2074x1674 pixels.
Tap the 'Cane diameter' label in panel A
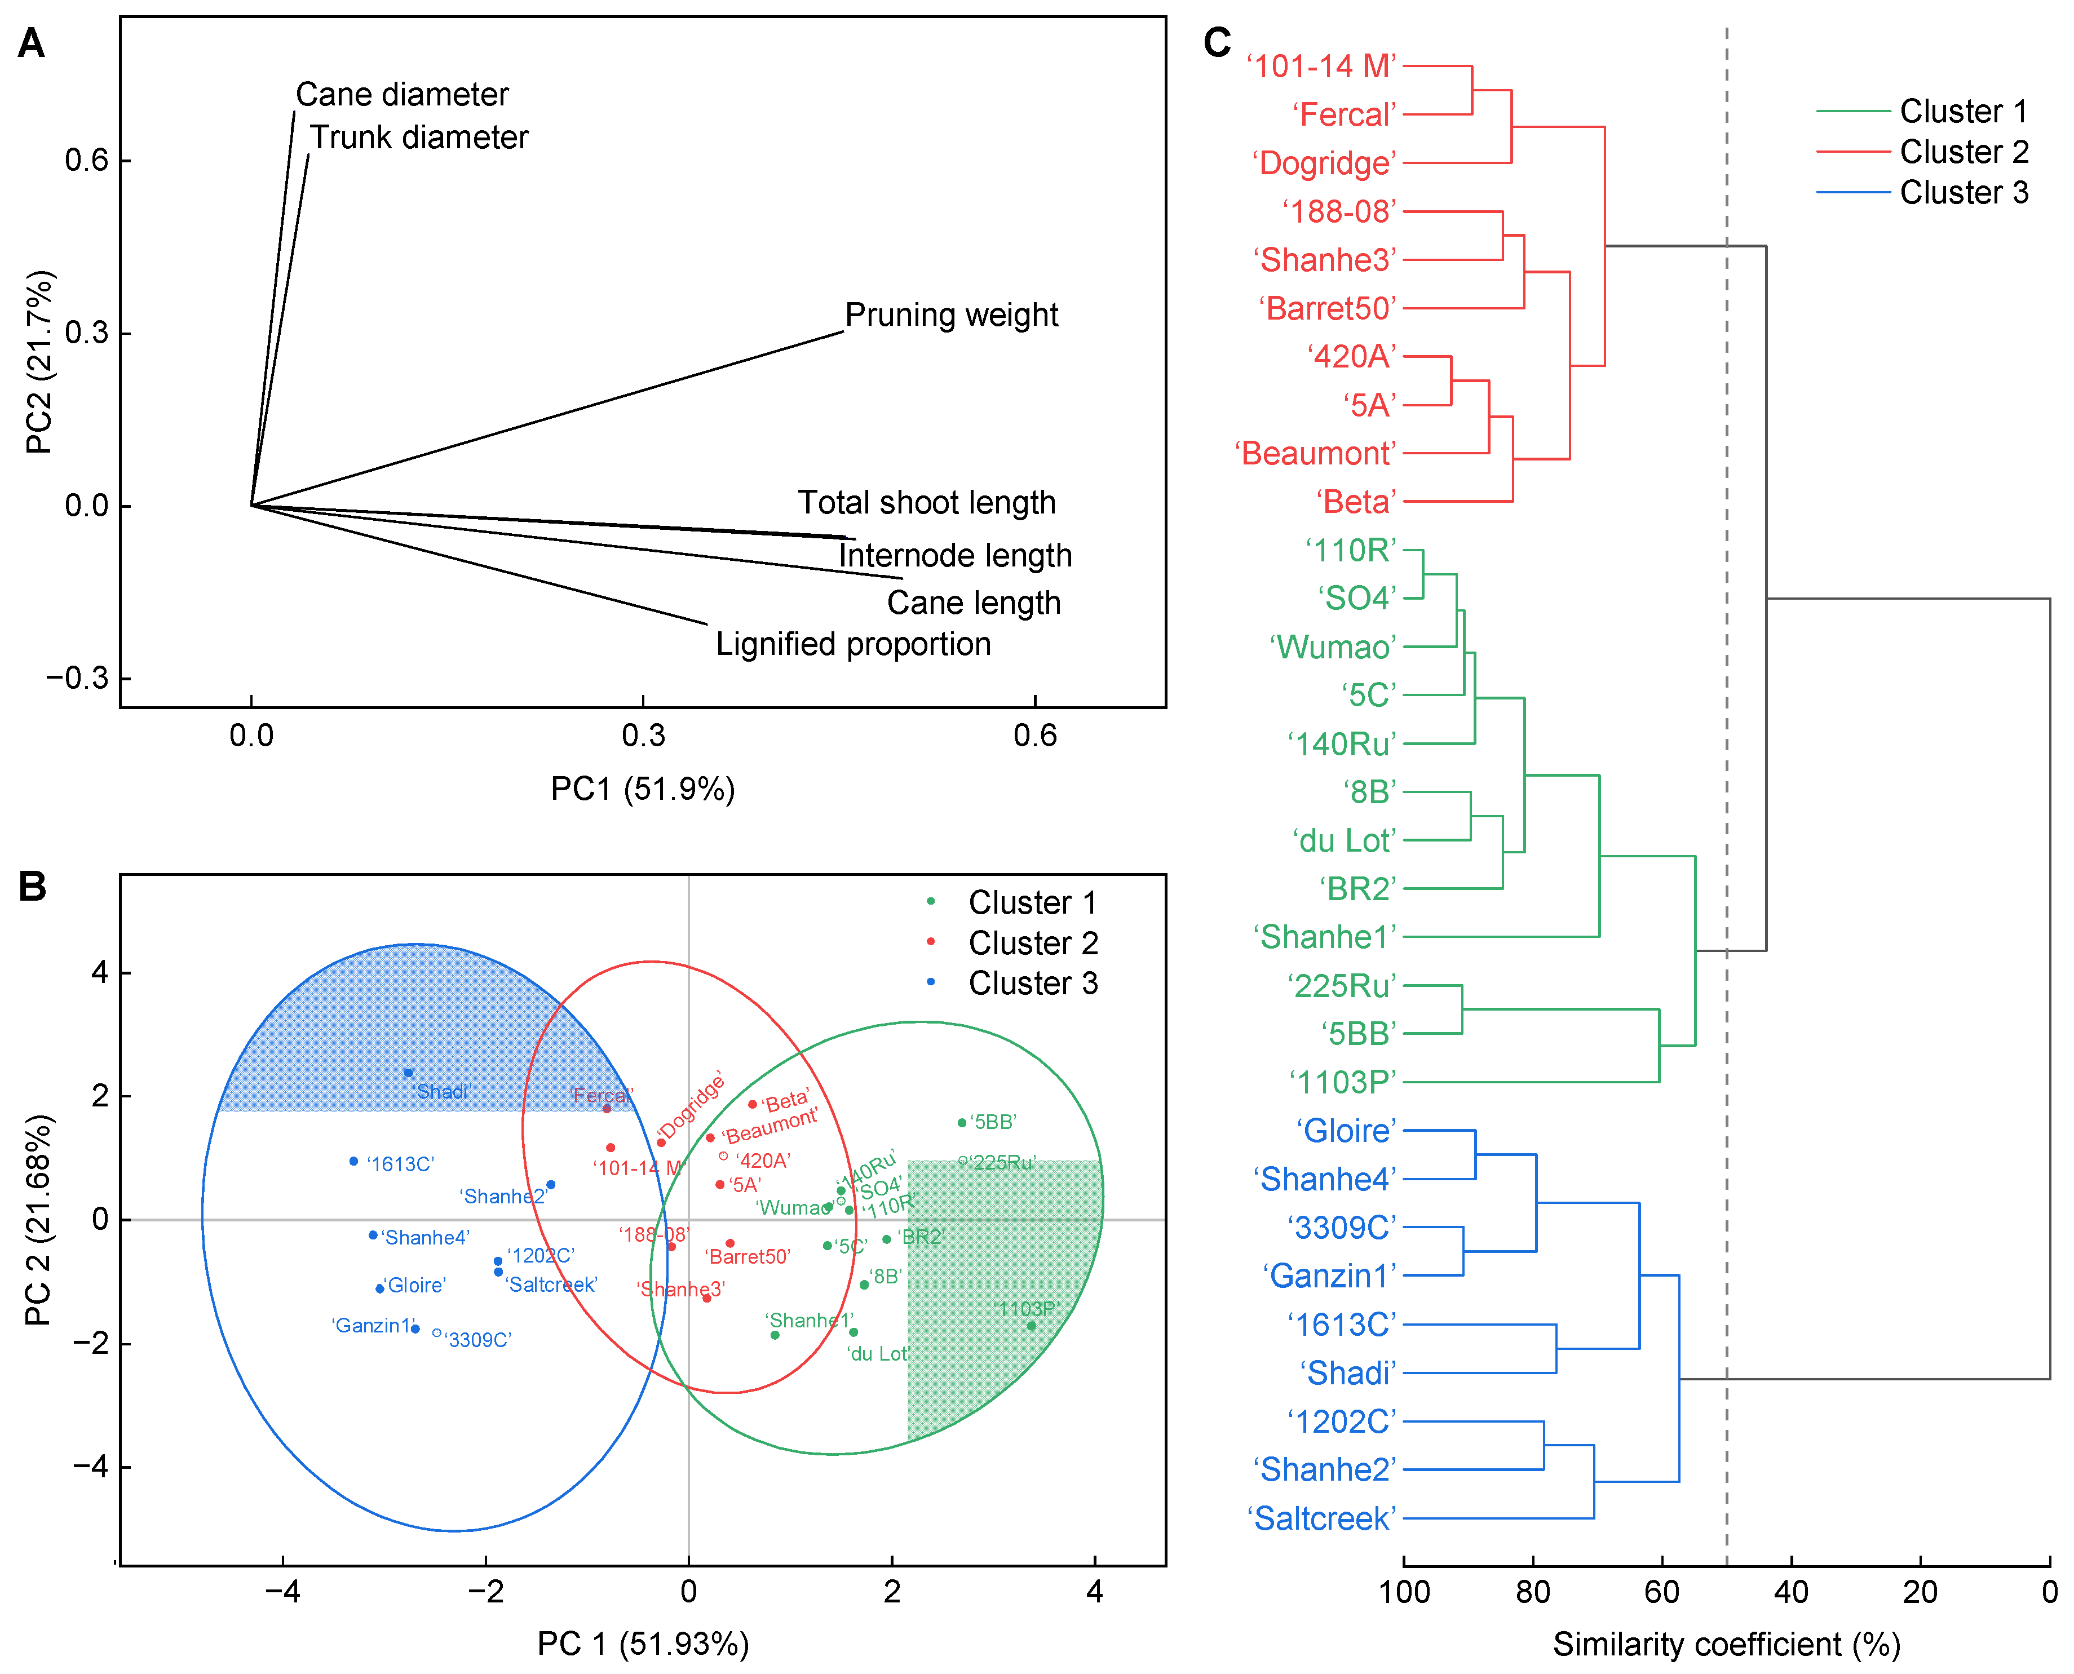coord(401,95)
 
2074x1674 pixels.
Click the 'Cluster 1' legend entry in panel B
coord(1032,902)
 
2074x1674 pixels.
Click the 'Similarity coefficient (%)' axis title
coord(1726,1644)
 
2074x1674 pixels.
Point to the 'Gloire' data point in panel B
coord(380,1288)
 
